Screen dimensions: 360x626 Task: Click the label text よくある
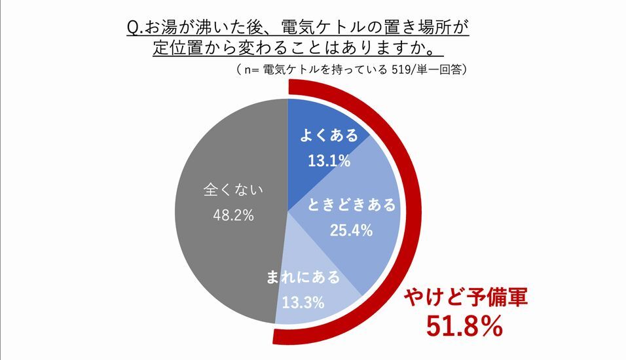point(329,136)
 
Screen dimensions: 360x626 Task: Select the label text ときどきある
point(352,206)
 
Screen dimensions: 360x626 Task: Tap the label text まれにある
point(303,277)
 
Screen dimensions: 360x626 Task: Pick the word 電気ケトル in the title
point(306,29)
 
